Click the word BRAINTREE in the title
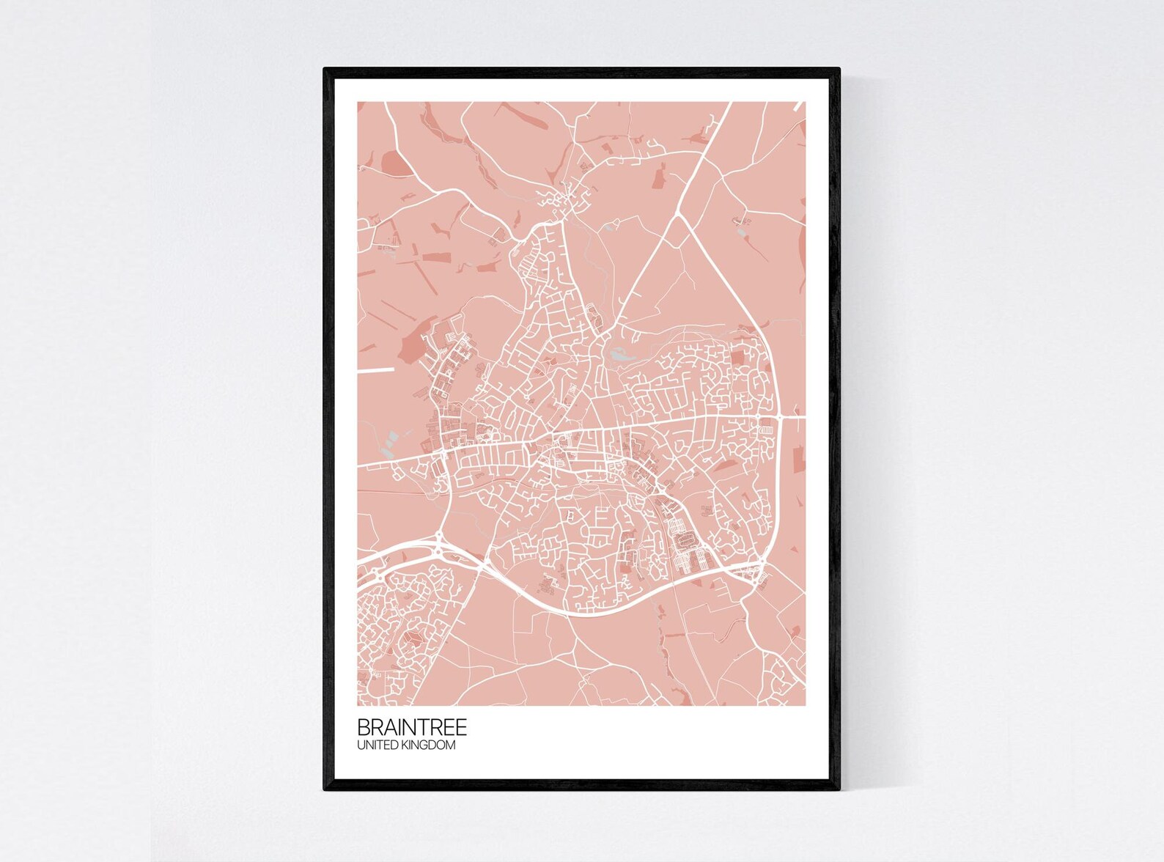411,728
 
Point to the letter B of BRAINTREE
363,728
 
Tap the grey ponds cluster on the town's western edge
389,440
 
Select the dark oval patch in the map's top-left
393,163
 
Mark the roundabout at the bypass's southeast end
760,562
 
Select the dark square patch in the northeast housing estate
737,356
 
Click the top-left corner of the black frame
325,70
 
